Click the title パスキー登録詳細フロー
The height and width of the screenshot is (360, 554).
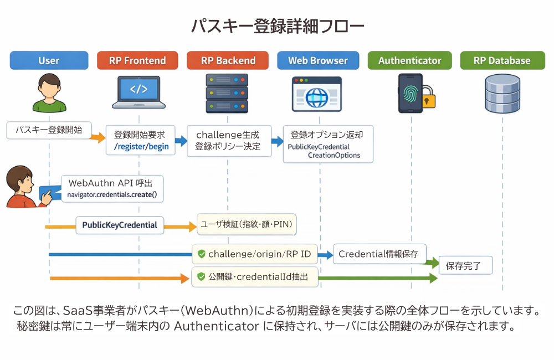(x=277, y=26)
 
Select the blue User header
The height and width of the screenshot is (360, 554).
(x=49, y=60)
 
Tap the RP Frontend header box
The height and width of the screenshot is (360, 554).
(x=137, y=60)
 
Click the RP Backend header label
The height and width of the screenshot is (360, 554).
(x=228, y=60)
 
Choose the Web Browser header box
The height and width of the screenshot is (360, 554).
(x=317, y=60)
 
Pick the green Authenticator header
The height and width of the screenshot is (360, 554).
(x=409, y=60)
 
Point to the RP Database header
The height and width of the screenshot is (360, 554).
(x=502, y=60)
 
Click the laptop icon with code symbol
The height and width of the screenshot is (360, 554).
(x=138, y=92)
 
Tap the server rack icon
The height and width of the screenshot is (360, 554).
(x=227, y=93)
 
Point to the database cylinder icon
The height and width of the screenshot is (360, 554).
(x=502, y=94)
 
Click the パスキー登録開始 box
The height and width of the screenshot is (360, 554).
(x=49, y=130)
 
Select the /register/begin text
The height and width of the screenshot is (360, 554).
(x=141, y=147)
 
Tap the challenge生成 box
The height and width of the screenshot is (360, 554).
(x=228, y=141)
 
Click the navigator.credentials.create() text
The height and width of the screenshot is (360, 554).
(x=112, y=194)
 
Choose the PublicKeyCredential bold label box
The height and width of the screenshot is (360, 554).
(x=120, y=225)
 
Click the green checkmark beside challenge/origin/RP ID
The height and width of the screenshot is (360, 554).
(x=201, y=254)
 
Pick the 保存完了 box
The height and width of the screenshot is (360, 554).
(x=466, y=266)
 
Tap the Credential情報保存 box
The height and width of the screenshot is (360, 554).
(x=379, y=254)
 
